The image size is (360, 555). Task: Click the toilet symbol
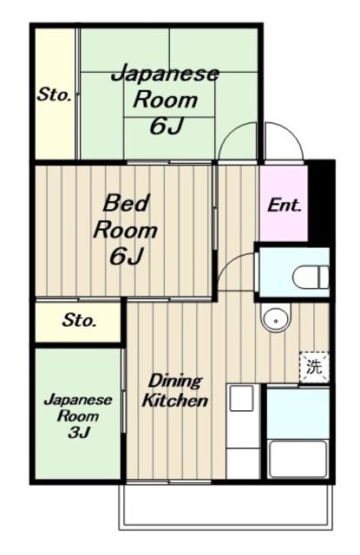(311, 277)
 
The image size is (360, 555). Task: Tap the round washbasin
(276, 318)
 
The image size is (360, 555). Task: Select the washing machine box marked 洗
(314, 368)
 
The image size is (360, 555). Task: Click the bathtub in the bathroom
(298, 459)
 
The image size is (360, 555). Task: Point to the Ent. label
(285, 206)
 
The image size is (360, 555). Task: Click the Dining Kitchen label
(174, 391)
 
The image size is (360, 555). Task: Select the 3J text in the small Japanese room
(79, 432)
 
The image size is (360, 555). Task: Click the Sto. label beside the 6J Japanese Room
(54, 95)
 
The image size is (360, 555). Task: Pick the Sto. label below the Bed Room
(79, 320)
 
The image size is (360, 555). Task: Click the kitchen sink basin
(241, 398)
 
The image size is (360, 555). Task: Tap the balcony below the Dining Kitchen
(226, 506)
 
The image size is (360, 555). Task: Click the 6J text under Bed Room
(126, 257)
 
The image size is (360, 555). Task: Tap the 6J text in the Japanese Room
(166, 127)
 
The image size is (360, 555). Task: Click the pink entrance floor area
(284, 204)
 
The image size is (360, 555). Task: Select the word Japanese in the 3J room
(78, 401)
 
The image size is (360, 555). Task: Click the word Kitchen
(174, 401)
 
